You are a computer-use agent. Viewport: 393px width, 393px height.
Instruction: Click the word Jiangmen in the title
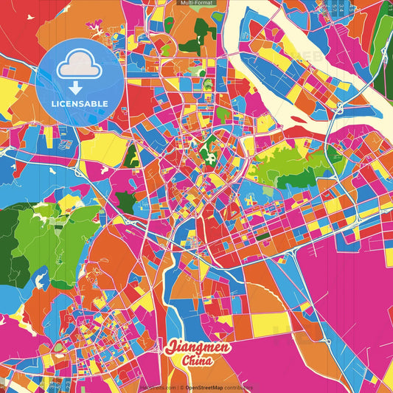198,347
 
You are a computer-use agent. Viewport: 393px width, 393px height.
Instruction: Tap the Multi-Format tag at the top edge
196,3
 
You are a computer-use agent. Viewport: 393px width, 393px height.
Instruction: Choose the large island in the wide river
310,74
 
